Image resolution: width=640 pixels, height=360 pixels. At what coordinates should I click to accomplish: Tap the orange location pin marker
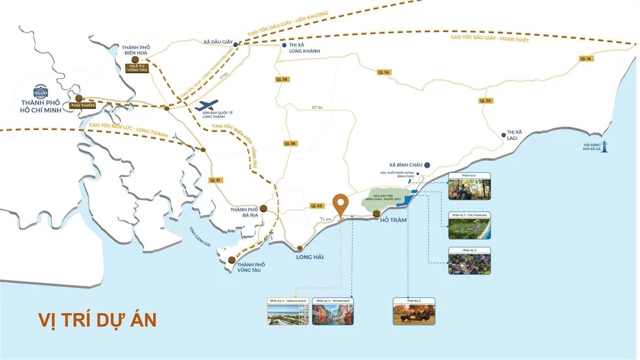[341, 203]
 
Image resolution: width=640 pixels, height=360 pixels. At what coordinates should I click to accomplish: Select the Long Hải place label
[310, 257]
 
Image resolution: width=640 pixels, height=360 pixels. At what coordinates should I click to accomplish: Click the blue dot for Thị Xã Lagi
[502, 135]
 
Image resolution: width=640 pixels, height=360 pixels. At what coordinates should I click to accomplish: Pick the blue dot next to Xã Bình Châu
[427, 165]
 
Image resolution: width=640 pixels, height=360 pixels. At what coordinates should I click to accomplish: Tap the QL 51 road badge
[215, 180]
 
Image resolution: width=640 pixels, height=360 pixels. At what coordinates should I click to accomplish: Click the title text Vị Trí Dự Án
[97, 319]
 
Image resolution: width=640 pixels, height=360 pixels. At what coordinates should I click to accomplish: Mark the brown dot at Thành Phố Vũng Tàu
[231, 260]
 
